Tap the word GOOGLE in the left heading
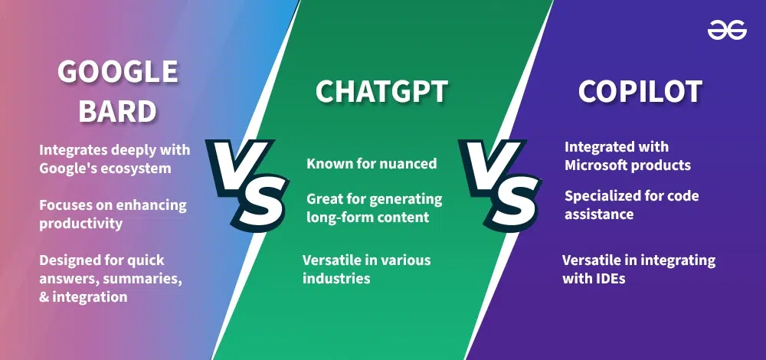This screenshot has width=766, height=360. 118,73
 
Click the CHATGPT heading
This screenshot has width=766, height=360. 381,92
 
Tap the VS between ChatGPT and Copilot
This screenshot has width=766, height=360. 498,181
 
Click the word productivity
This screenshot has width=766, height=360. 82,224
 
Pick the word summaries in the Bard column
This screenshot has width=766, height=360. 143,279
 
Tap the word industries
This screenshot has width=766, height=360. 336,278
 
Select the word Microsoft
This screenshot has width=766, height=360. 601,165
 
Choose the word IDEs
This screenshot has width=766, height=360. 611,279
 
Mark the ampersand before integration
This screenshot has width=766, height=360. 43,297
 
